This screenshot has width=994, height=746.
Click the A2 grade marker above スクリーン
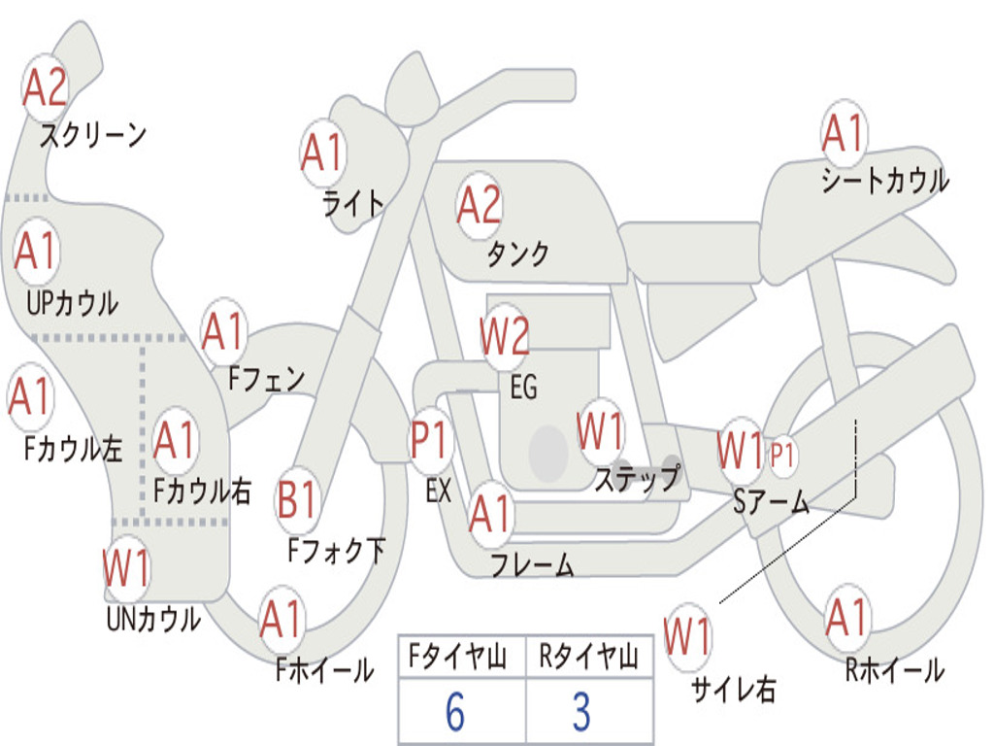pos(46,87)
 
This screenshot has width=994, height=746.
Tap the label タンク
pos(517,254)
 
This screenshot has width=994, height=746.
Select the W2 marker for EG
pos(505,336)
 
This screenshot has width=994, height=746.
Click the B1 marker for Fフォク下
pos(298,500)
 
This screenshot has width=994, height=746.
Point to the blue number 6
pos(454,712)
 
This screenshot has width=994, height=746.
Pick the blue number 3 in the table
pos(580,712)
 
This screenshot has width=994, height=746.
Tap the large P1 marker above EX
pos(431,441)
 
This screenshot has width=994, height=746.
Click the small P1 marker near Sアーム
pos(783,454)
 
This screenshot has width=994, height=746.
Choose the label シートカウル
pos(884,181)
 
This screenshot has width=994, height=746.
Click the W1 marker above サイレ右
pos(688,636)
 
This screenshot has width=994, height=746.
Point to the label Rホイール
pos(894,670)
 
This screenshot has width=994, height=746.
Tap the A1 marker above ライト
pos(323,153)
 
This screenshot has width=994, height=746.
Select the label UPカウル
pos(71,302)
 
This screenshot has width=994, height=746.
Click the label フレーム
pos(532,565)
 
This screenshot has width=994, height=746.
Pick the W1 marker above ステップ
pos(601,431)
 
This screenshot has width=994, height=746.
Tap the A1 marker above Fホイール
pos(282,619)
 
